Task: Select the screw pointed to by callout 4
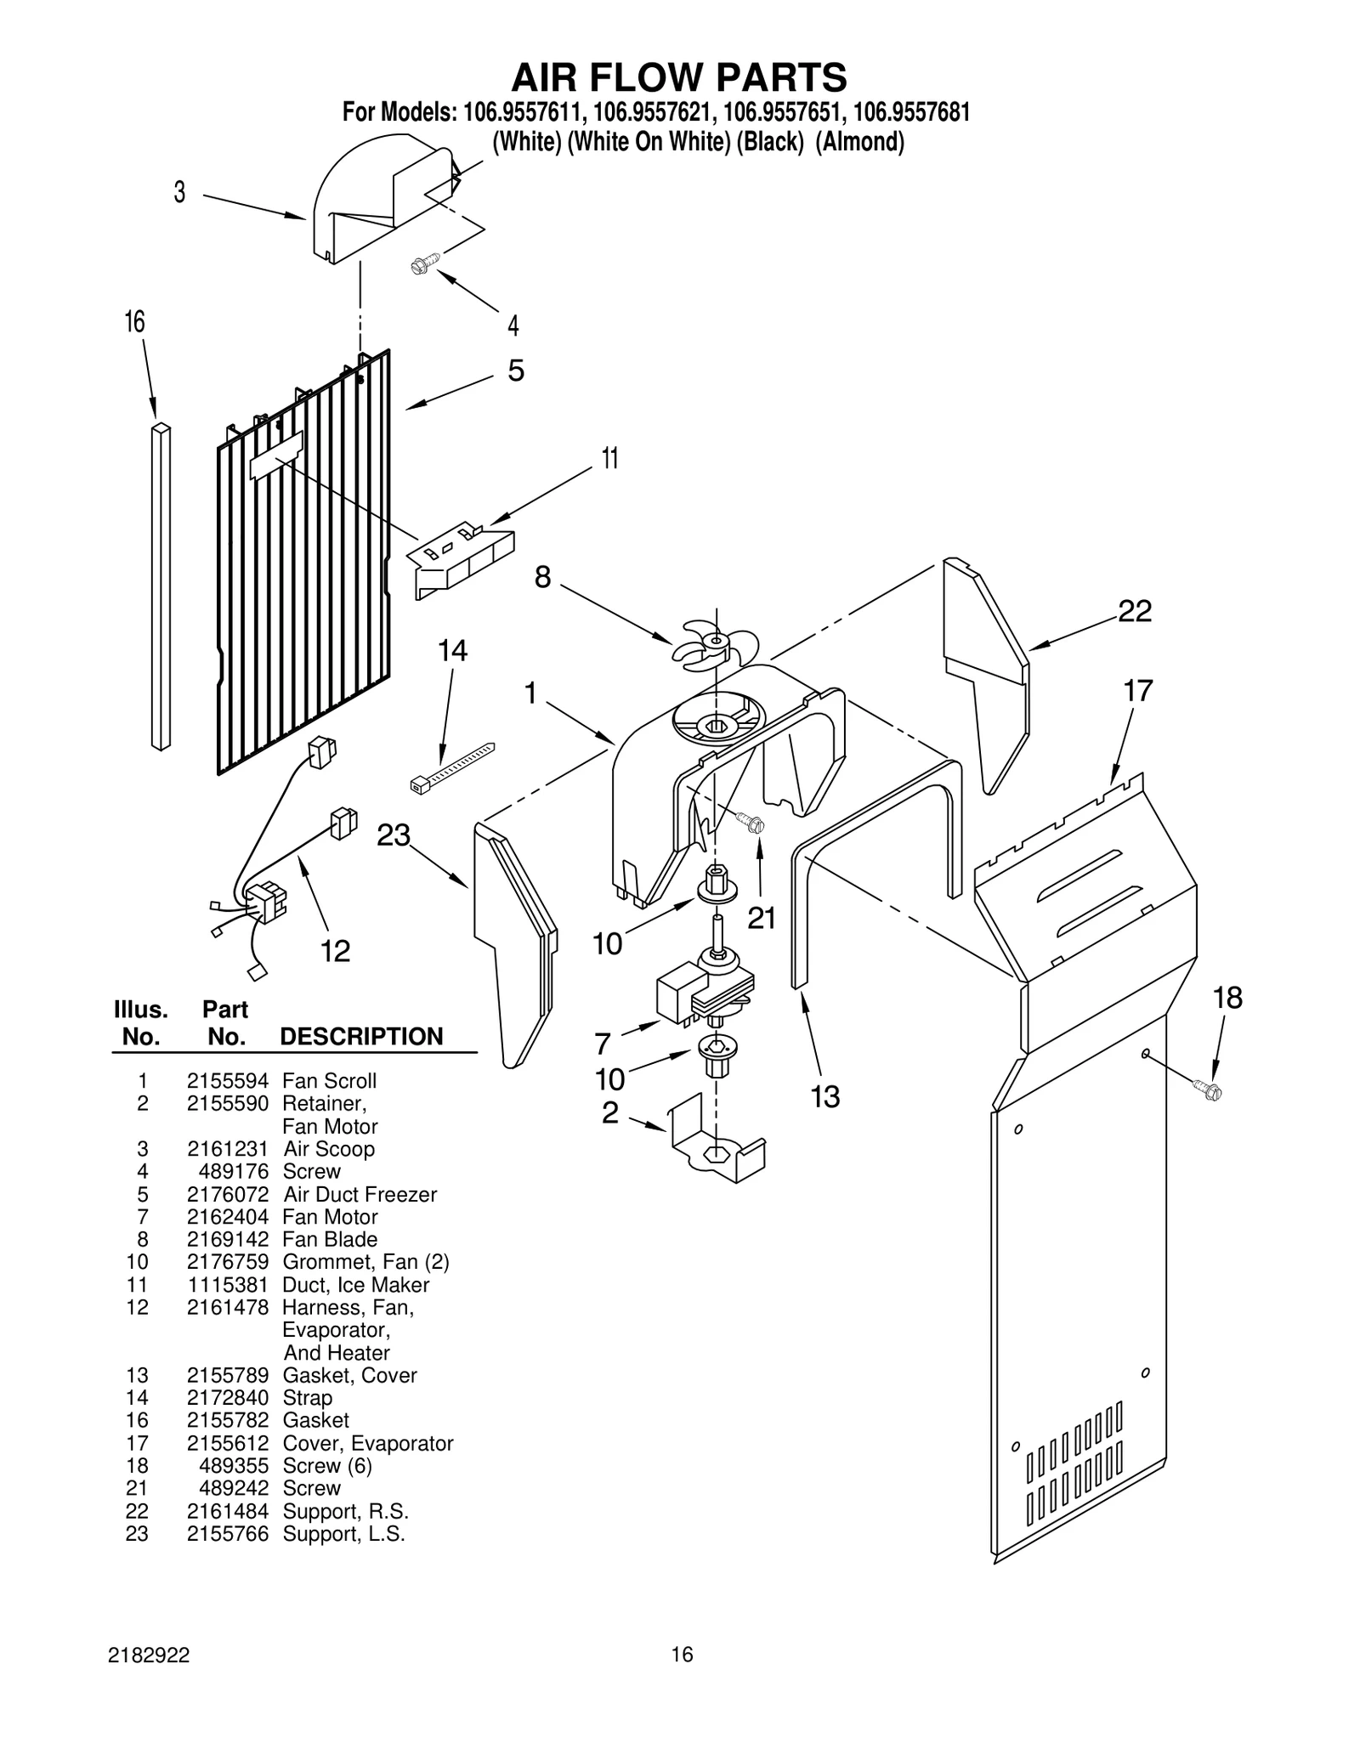point(423,263)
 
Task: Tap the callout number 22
point(1134,611)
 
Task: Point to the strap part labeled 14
point(451,768)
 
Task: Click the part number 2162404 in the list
point(227,1216)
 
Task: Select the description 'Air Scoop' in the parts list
point(328,1148)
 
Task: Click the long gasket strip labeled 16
point(160,586)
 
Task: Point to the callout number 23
point(394,835)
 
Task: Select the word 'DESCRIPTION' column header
point(361,1036)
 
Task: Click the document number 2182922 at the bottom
point(149,1654)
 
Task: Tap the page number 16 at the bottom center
point(682,1654)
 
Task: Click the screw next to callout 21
point(751,822)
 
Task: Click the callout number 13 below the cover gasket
point(824,1096)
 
